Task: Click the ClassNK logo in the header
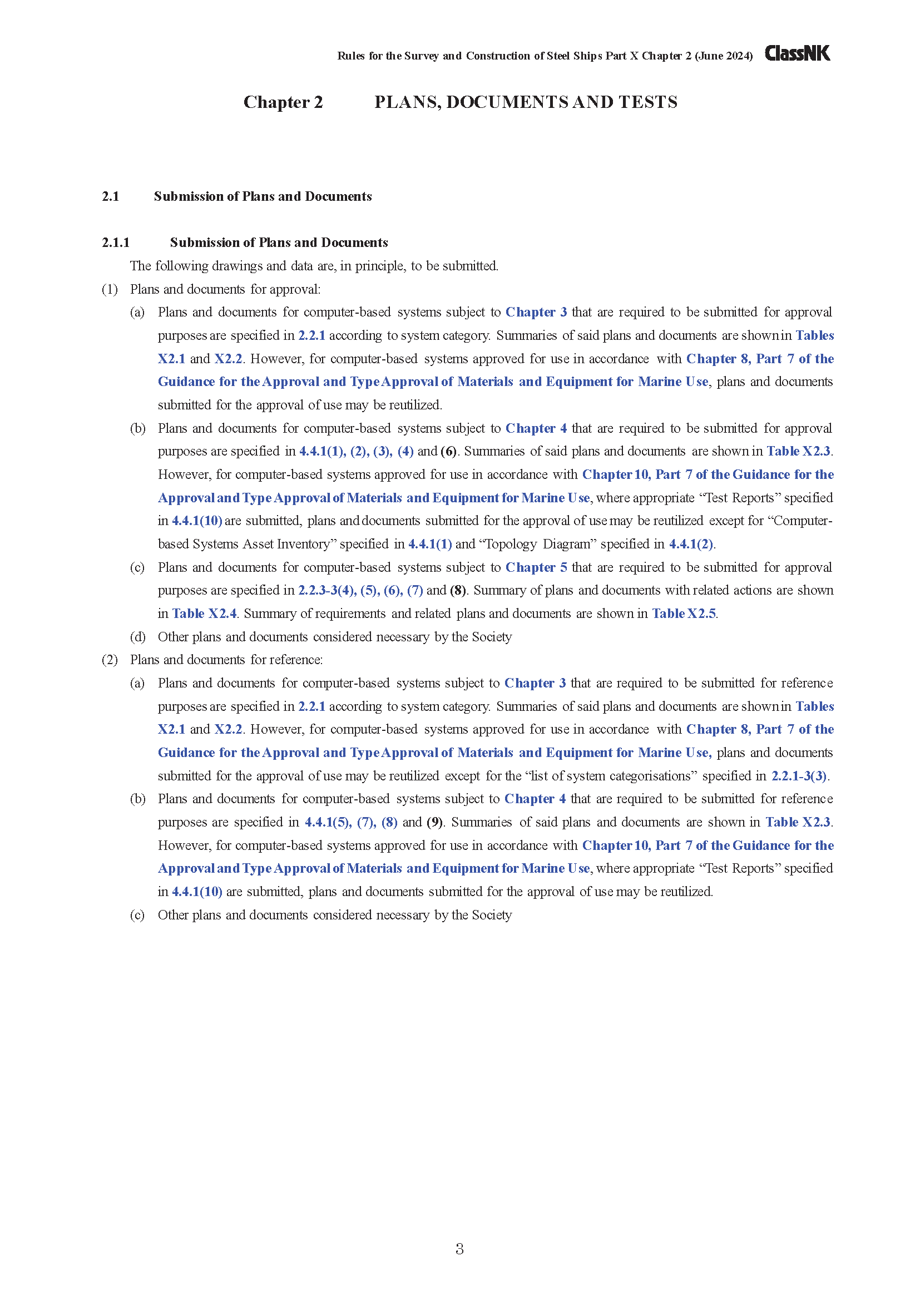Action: [797, 53]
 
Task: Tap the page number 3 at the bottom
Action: [459, 1248]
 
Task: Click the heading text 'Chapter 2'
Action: [283, 102]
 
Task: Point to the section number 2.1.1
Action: [116, 243]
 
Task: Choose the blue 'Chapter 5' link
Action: [536, 567]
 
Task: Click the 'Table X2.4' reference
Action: [204, 614]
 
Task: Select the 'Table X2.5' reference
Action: [684, 614]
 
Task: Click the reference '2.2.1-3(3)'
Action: [799, 776]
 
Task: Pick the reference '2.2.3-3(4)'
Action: [327, 591]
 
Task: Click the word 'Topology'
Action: [510, 544]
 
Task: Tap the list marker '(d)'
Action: [137, 637]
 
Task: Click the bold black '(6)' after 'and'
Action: [449, 451]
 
